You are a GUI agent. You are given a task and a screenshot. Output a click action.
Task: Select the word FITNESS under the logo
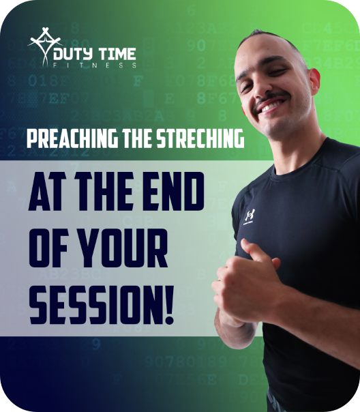[95, 65]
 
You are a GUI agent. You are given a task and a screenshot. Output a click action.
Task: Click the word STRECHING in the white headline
[200, 138]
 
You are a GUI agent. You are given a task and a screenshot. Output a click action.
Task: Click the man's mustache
[270, 99]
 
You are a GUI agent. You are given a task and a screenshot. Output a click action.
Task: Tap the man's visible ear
[314, 79]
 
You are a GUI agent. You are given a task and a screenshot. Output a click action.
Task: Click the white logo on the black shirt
[250, 216]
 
